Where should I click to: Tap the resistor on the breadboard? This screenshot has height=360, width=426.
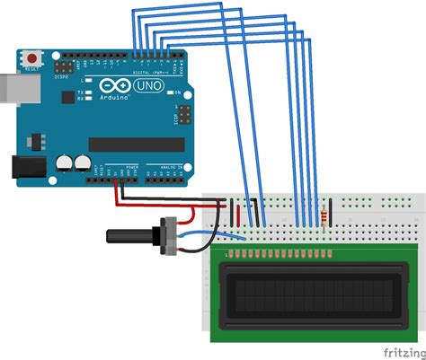point(323,215)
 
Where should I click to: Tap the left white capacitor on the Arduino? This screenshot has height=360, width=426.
point(64,164)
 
